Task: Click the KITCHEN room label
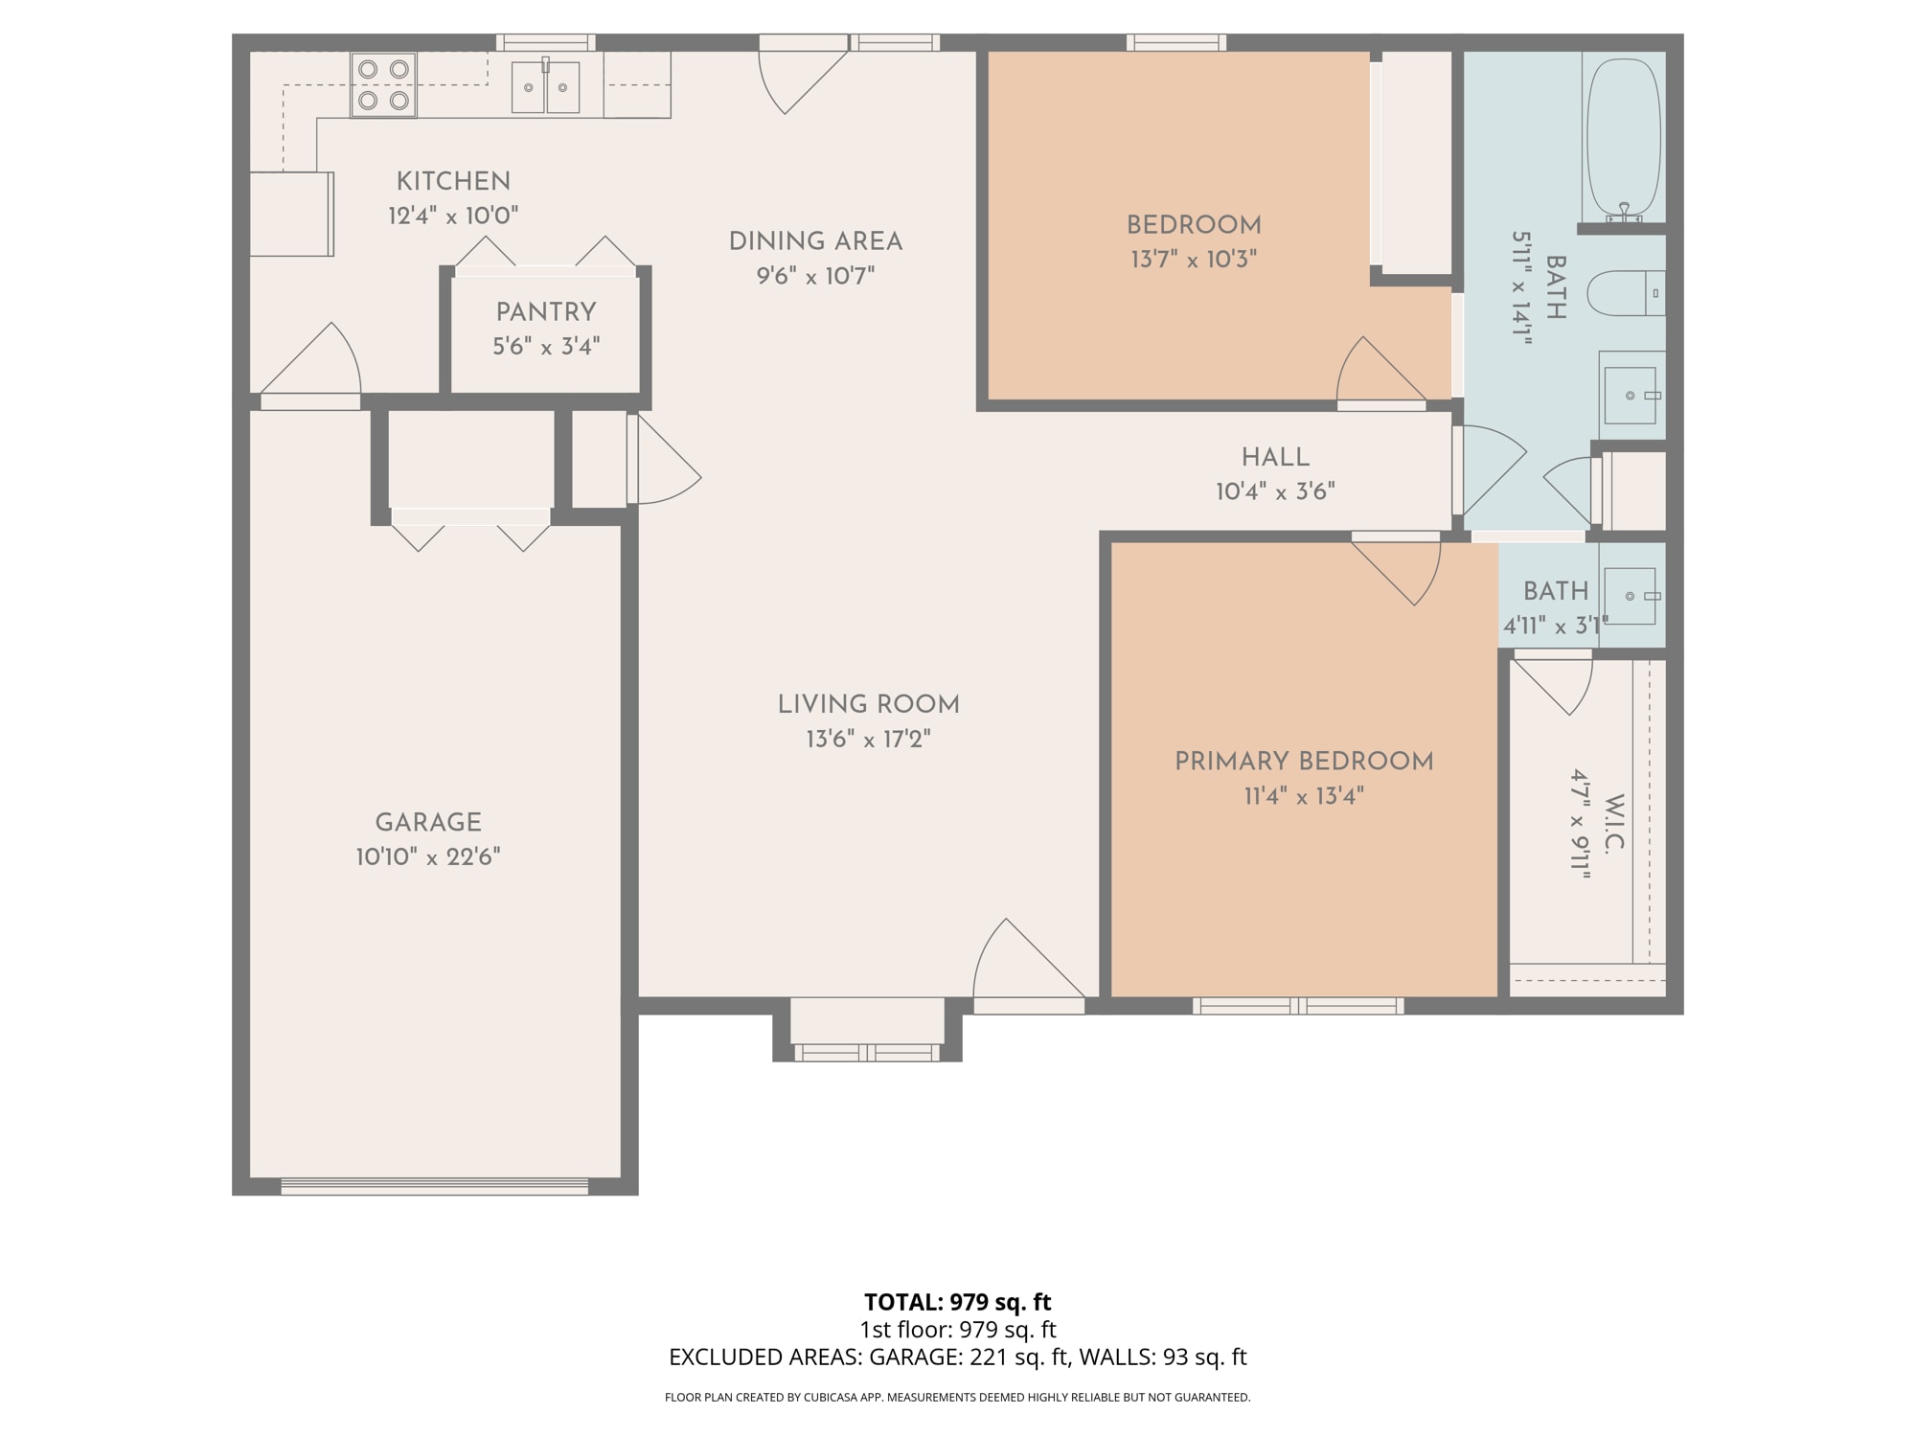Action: (453, 181)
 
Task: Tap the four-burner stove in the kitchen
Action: (383, 84)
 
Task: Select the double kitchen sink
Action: (545, 87)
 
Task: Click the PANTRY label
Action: (546, 311)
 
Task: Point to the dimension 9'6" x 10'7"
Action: (815, 277)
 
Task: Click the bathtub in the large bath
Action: (1623, 139)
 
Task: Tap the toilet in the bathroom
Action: (1625, 293)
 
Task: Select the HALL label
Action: (1275, 457)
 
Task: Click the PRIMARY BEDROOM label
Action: (1304, 762)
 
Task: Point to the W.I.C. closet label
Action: (1613, 823)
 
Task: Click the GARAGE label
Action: (428, 822)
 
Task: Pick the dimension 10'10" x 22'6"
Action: (428, 856)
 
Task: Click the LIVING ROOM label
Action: (868, 704)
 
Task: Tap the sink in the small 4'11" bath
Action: (1631, 596)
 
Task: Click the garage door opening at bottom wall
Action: (434, 1187)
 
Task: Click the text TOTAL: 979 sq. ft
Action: (957, 1302)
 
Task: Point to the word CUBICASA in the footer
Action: (830, 1398)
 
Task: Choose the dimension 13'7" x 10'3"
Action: (1194, 260)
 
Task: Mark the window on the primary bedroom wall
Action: (1298, 1005)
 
